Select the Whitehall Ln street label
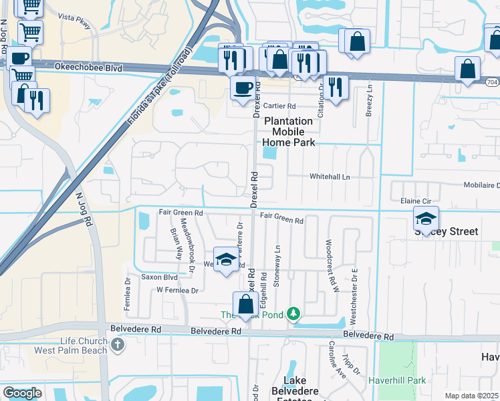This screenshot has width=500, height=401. click(x=330, y=176)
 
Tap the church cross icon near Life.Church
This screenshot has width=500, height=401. click(x=118, y=346)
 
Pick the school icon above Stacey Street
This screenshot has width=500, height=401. click(x=426, y=219)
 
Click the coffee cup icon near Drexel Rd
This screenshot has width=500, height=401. click(x=241, y=87)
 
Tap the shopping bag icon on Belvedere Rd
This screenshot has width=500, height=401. click(x=246, y=304)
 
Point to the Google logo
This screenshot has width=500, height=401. click(x=22, y=393)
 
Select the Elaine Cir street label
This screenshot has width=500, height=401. click(x=414, y=200)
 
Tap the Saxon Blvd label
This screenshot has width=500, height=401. click(x=158, y=277)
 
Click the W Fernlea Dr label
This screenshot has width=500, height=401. click(x=178, y=291)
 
